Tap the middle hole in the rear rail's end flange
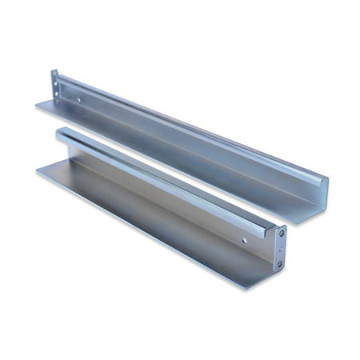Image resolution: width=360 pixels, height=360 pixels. point(54,85)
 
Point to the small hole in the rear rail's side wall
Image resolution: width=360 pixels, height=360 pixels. point(79,100)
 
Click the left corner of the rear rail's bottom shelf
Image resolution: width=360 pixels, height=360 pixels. point(36,106)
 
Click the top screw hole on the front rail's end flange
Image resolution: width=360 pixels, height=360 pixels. point(280,234)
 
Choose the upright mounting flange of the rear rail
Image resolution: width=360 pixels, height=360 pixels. point(54,85)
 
